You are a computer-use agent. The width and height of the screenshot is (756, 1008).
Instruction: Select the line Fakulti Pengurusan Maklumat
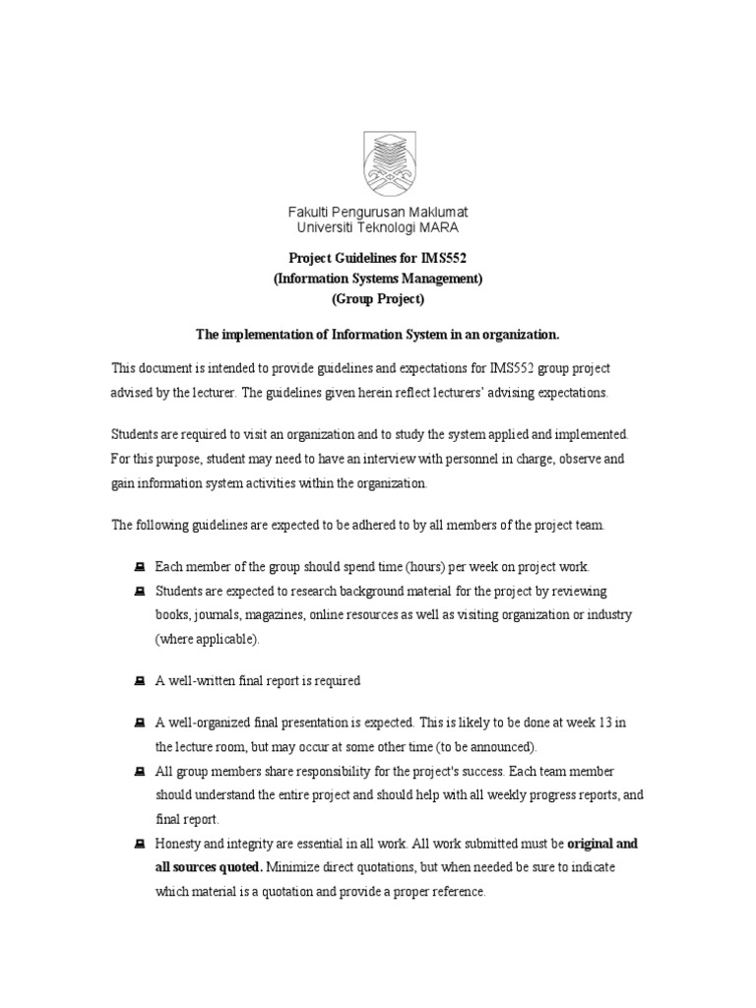click(x=378, y=213)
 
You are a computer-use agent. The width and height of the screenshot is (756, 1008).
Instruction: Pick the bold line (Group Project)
click(x=378, y=299)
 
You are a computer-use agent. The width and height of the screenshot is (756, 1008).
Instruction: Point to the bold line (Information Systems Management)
click(x=378, y=280)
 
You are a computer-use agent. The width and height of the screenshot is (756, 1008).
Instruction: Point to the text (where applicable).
click(x=207, y=639)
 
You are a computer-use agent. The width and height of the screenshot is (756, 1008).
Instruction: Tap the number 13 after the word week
click(x=605, y=723)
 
